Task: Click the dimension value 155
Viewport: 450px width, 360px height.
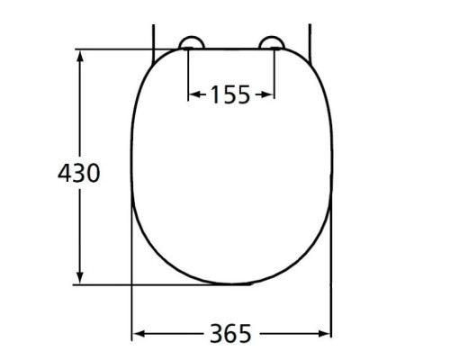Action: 230,94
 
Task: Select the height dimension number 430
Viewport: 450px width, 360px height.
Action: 79,173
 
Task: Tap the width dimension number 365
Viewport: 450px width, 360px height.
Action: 231,334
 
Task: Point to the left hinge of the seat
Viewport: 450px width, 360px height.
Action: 190,42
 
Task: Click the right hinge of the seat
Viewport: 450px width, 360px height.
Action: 271,42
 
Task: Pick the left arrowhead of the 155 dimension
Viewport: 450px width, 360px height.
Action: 193,94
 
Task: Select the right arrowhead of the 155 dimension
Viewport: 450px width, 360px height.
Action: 268,94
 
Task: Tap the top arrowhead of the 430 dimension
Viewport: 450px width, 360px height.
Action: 80,56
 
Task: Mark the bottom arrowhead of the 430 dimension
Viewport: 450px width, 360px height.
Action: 80,278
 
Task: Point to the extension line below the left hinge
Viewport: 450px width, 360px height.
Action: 187,72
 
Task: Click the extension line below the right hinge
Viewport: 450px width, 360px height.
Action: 274,72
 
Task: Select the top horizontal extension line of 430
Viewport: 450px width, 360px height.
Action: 117,49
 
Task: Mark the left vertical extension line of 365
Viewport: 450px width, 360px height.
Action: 132,306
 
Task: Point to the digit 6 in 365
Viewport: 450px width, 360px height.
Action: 231,334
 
